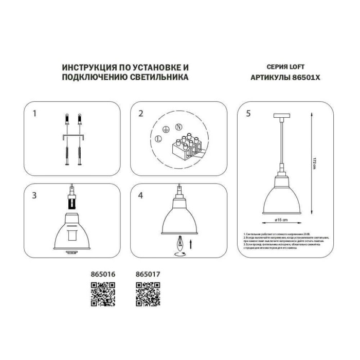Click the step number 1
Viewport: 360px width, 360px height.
[x=34, y=113]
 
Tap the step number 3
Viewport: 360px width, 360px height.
[x=34, y=195]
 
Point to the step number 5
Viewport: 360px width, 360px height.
[x=248, y=114]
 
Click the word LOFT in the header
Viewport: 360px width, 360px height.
[x=300, y=67]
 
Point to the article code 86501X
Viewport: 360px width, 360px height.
[x=306, y=78]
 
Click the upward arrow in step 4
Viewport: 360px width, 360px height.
[x=191, y=243]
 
